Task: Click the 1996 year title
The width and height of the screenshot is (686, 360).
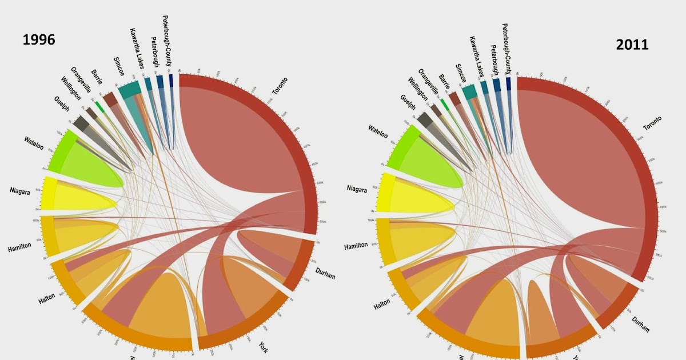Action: [39, 39]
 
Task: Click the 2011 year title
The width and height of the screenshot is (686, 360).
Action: [632, 45]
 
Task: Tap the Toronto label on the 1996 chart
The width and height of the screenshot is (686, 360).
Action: [280, 86]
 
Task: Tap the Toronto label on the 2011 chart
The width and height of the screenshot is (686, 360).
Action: [652, 123]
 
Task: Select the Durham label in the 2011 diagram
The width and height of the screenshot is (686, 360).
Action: [641, 325]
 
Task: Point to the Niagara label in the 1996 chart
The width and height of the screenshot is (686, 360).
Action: [20, 191]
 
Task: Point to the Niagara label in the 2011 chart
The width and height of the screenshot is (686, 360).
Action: [357, 189]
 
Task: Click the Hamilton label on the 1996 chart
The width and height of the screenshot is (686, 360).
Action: [19, 248]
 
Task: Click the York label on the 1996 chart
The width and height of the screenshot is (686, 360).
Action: [263, 347]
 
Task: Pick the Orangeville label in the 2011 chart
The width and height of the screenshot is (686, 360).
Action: [428, 84]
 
